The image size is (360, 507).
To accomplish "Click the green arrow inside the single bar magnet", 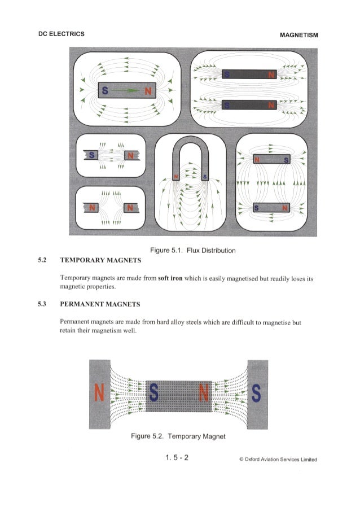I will pos(129,90).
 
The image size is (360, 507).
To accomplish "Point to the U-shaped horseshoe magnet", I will pos(190,155).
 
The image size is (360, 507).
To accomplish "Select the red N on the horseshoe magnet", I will pos(175,178).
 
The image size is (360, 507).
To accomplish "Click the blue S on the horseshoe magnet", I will pos(204,178).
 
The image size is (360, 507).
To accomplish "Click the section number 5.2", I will pos(41,260).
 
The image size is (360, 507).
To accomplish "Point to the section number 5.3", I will pos(41,304).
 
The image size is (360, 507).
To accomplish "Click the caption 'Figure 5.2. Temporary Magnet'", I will pos(177,436).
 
